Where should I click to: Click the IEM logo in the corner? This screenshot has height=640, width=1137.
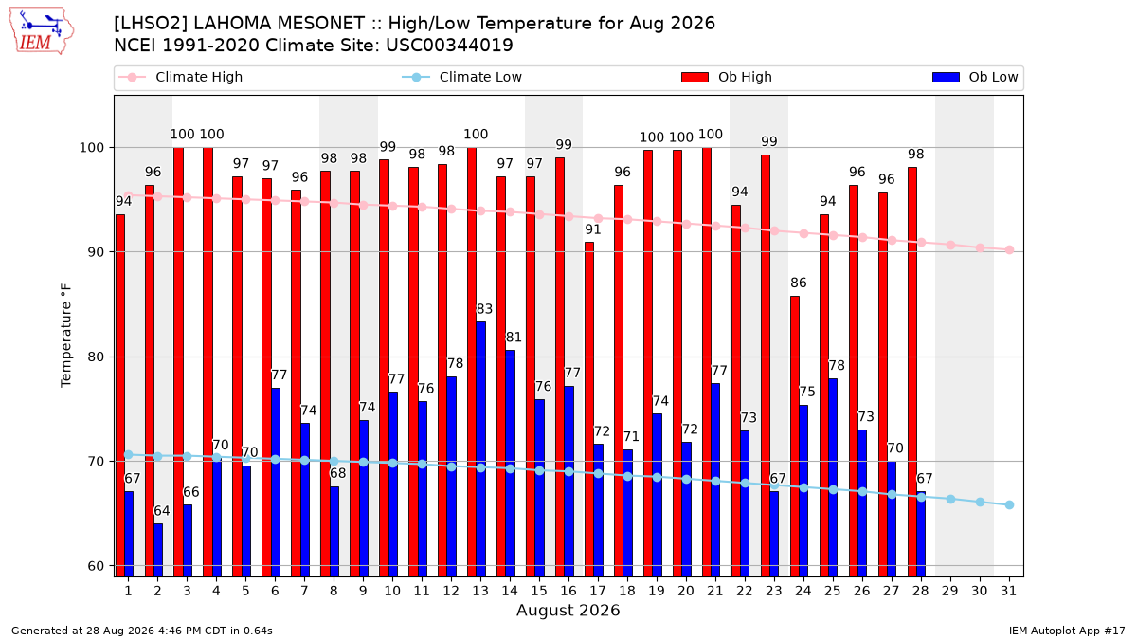(42, 30)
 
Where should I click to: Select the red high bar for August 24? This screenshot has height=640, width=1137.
(795, 436)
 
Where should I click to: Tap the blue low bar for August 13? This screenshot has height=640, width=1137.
(480, 449)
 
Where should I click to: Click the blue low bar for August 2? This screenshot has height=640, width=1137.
(158, 550)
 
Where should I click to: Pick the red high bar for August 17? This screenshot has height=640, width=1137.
(589, 410)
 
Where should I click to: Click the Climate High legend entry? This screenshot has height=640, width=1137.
(181, 77)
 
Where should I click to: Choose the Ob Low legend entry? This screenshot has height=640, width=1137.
(975, 77)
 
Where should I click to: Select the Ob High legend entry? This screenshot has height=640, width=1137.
(727, 77)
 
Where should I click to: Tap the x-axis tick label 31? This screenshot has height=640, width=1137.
(1008, 592)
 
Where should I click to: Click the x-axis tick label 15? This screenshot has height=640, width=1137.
(539, 592)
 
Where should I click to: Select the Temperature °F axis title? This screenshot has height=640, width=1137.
(66, 336)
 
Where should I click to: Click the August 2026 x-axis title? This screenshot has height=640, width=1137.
(568, 610)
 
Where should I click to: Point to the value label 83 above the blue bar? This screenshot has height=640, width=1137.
(484, 309)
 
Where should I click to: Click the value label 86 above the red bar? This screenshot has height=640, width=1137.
(799, 283)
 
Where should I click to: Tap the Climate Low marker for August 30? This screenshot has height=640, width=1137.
(980, 503)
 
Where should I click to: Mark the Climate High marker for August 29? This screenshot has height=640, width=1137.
(950, 245)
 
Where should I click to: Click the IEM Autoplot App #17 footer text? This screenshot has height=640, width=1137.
(1067, 631)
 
